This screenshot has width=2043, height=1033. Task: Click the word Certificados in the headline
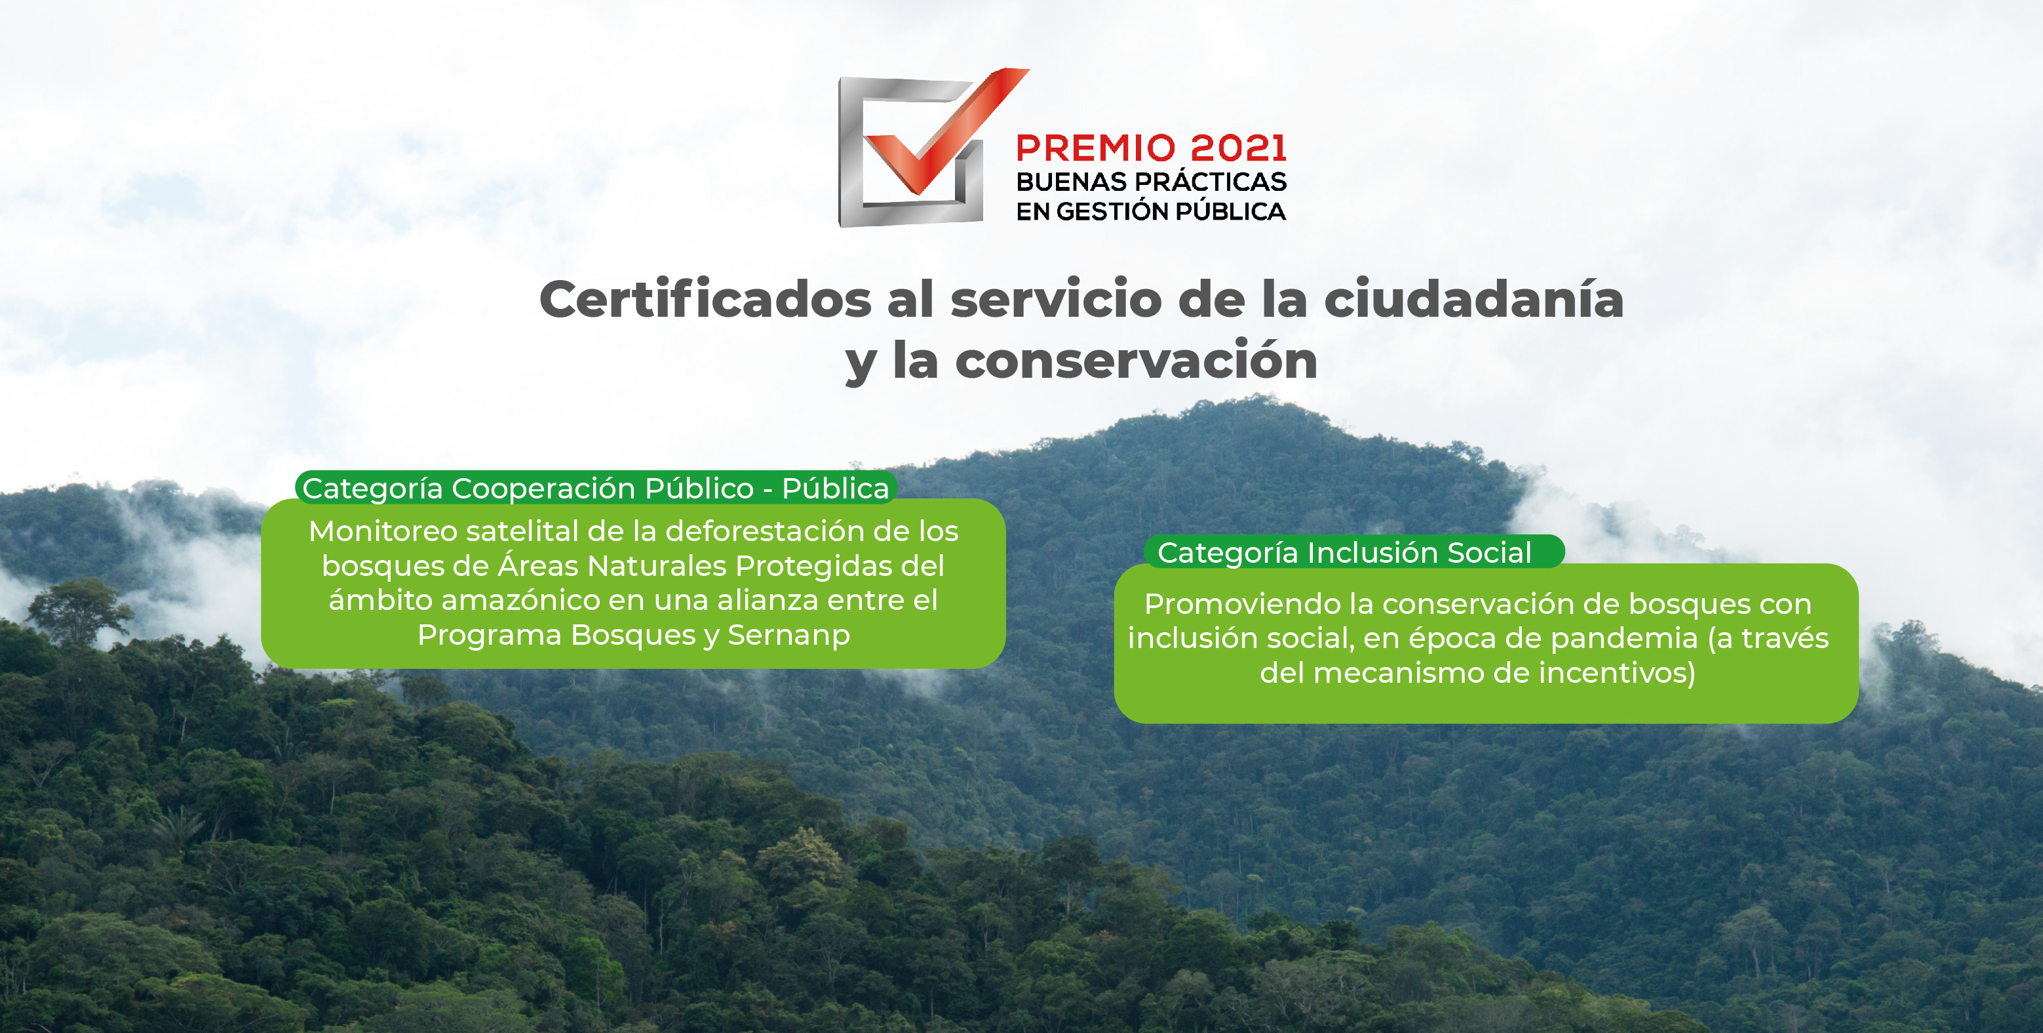[705, 300]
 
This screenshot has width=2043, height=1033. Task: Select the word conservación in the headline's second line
[1137, 361]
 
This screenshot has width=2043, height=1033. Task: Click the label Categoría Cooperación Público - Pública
[596, 488]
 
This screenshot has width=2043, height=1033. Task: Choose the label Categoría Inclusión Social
[1344, 552]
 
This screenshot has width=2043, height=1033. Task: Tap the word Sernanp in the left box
[788, 636]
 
